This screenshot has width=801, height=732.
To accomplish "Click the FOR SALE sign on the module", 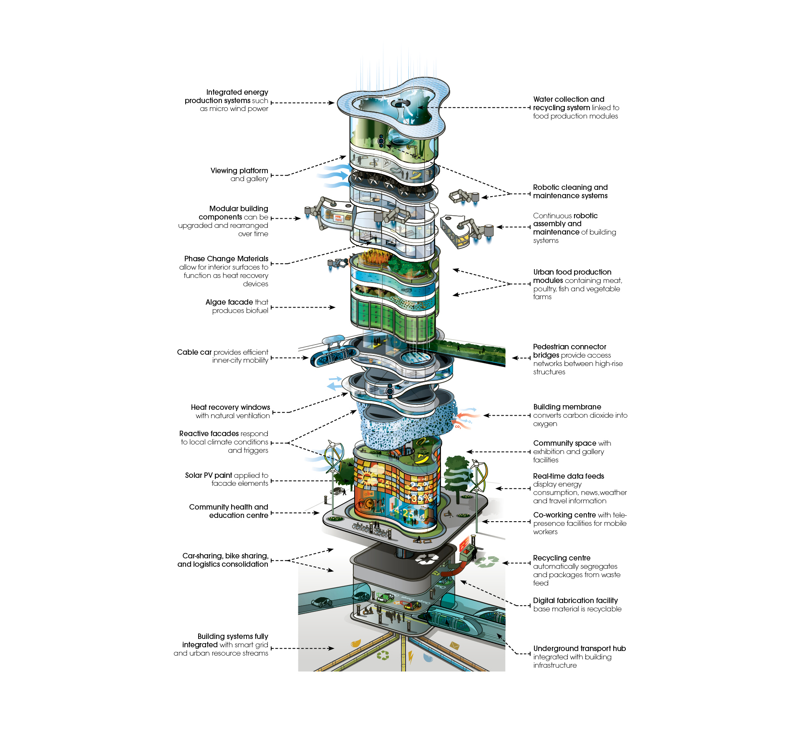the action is coord(338,218).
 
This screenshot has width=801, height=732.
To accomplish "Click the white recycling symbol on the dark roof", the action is coord(426,559).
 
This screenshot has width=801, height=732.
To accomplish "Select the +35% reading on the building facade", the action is coord(419,498).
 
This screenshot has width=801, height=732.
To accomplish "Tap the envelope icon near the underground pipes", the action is coord(454,646).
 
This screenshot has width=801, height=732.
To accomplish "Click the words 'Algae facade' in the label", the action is coord(229,302).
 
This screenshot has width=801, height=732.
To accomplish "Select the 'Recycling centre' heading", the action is coord(562,558).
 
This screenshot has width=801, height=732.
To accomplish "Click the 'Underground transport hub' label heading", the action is coord(579,649).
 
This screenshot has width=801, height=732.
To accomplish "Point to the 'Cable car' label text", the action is coord(194,352).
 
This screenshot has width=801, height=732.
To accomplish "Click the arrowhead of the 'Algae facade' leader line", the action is coord(332,308).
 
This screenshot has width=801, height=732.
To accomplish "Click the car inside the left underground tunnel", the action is coord(321,602).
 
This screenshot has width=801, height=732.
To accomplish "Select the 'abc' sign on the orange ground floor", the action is coord(369,494).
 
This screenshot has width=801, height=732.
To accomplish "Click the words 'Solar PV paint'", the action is coord(209,475).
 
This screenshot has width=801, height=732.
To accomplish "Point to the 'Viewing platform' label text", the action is coord(239,171).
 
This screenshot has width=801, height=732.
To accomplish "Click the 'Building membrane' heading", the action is coord(567,407).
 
